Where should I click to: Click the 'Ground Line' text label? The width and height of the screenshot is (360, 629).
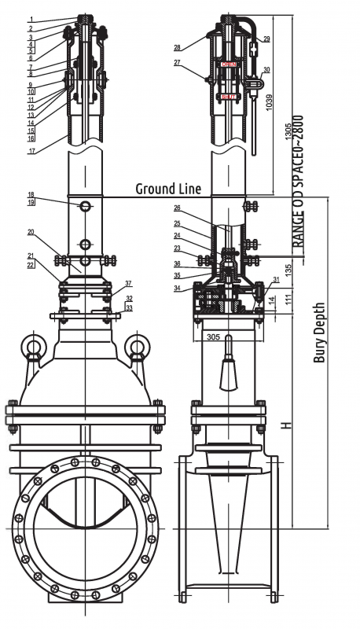(167, 189)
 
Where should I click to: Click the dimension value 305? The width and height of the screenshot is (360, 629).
(213, 336)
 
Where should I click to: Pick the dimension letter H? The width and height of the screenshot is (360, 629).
(287, 425)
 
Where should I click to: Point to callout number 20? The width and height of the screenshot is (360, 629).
(31, 232)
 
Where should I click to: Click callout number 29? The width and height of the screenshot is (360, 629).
(266, 39)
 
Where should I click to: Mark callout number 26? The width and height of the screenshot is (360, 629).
(178, 208)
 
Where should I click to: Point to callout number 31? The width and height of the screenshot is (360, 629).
(276, 281)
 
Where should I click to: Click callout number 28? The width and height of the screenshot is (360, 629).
(178, 48)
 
